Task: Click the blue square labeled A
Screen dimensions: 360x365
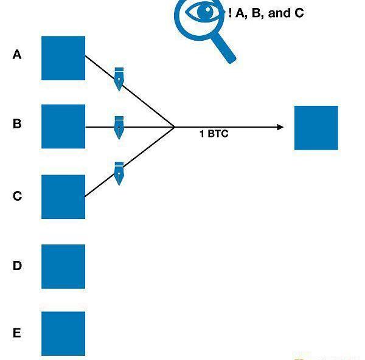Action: (x=63, y=58)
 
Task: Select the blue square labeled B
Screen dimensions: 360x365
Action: (x=63, y=126)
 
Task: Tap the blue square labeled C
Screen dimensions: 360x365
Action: (x=63, y=196)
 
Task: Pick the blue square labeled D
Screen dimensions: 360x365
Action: (x=63, y=266)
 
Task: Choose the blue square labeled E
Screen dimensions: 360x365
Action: (x=63, y=333)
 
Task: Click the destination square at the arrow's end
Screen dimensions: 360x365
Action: (x=316, y=128)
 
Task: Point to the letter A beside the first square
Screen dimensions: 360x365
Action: (x=17, y=55)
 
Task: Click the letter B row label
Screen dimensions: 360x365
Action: (x=17, y=124)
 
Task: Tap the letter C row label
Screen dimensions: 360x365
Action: (x=17, y=196)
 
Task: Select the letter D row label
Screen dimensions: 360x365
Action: (x=17, y=266)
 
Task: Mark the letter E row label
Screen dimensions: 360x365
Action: (x=17, y=333)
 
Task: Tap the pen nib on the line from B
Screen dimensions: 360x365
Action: (x=119, y=127)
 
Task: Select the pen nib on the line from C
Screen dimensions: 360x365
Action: (x=119, y=173)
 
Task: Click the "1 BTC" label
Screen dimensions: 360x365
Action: (x=214, y=134)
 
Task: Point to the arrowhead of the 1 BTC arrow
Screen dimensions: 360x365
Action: (x=280, y=127)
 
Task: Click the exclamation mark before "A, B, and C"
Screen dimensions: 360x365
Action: (x=231, y=13)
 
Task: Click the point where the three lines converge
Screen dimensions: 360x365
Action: (x=175, y=127)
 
